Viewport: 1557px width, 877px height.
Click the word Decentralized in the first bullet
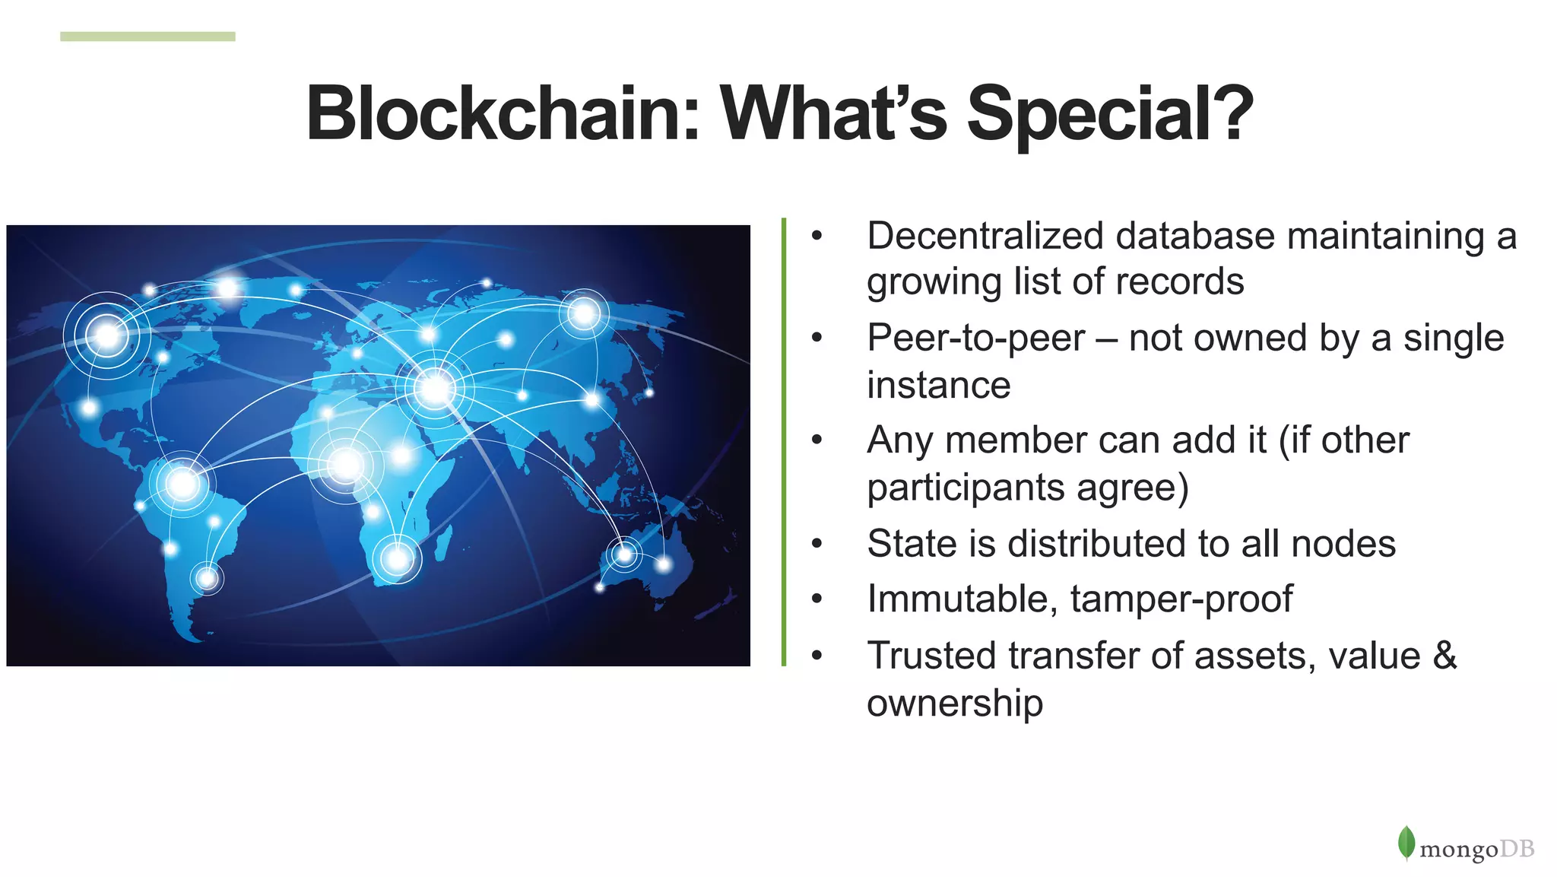[985, 236]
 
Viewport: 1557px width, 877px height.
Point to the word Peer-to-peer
[975, 338]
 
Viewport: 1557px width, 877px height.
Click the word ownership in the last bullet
[954, 703]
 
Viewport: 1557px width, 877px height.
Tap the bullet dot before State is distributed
[817, 544]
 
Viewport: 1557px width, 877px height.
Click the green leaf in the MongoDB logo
[1406, 843]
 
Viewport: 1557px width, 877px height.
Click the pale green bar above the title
[147, 37]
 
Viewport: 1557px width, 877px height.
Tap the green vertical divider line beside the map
[784, 441]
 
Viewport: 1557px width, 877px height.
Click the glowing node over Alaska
[107, 335]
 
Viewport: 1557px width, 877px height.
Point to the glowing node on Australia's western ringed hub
[624, 553]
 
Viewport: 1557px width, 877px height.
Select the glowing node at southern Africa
[398, 559]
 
